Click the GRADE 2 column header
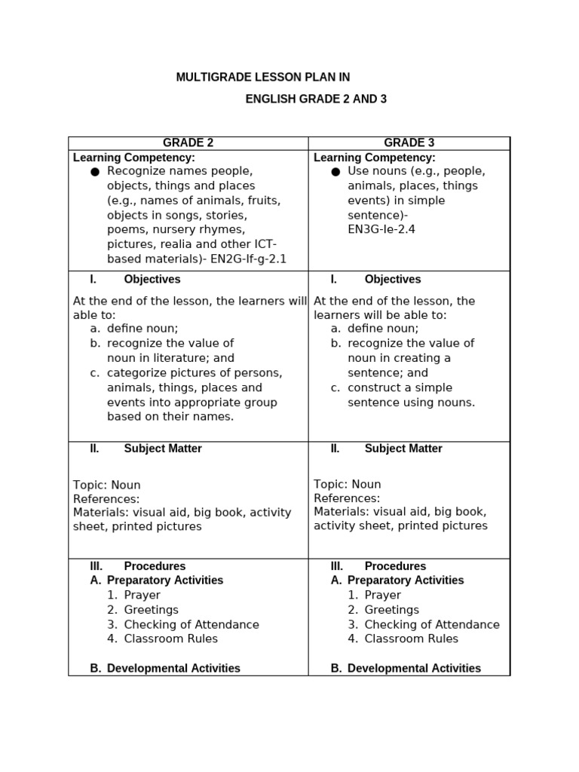coord(188,142)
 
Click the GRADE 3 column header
coord(409,142)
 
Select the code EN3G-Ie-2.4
coord(381,229)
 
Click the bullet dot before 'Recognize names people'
coord(95,172)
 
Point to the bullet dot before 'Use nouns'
coord(335,172)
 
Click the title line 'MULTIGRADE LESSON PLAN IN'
coord(263,78)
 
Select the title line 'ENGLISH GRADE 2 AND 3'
coord(316,100)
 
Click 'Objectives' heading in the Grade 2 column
coord(152,279)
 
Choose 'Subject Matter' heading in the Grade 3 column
coord(403,449)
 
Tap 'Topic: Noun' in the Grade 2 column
coord(106,485)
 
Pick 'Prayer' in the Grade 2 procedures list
coord(142,595)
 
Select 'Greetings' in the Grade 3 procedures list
coord(391,610)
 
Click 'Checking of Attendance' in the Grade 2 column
coord(191,625)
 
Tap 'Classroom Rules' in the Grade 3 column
coord(411,639)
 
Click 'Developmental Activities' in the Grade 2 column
coord(173,668)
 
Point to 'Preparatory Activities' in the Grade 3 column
coord(406,581)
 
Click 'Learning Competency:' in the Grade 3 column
coord(374,158)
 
